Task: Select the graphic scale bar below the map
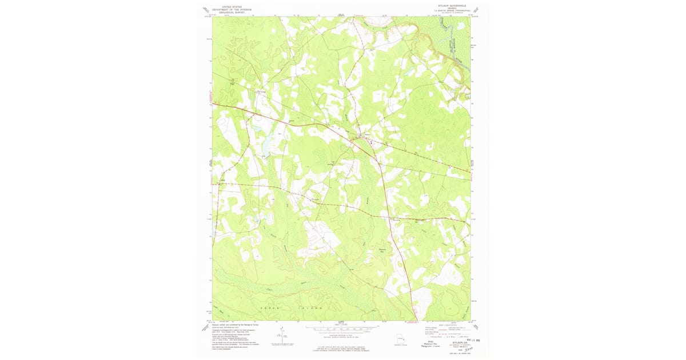[342, 329]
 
